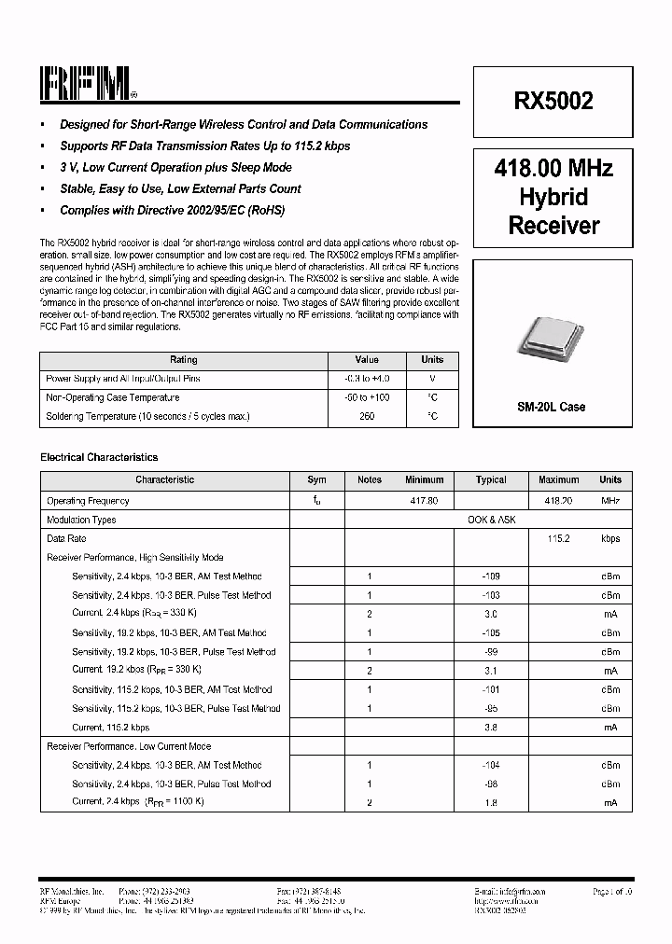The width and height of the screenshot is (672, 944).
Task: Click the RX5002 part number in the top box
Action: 553,102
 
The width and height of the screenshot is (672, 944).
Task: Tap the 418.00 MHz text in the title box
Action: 553,169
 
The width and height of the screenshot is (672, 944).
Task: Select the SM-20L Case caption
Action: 552,408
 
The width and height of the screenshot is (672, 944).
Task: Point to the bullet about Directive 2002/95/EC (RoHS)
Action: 172,211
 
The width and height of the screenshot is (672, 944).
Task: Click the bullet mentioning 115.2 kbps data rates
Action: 204,146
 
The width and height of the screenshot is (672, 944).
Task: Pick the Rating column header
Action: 183,360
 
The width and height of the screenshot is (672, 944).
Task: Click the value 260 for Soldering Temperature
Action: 367,417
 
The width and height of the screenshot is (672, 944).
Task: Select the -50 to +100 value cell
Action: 367,397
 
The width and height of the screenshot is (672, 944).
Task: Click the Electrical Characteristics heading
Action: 99,458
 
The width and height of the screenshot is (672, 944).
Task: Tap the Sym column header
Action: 317,480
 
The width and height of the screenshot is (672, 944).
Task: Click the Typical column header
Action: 491,480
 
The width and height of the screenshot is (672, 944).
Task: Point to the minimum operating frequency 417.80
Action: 425,501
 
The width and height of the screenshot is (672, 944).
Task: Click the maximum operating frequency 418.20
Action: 558,501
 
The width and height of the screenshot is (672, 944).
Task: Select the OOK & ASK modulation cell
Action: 491,520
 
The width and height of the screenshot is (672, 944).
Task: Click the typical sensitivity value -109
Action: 491,576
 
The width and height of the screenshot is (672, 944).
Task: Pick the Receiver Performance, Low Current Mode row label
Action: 129,746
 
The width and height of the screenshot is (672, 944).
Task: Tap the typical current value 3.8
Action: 491,728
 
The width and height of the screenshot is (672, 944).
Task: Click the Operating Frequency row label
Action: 88,501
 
